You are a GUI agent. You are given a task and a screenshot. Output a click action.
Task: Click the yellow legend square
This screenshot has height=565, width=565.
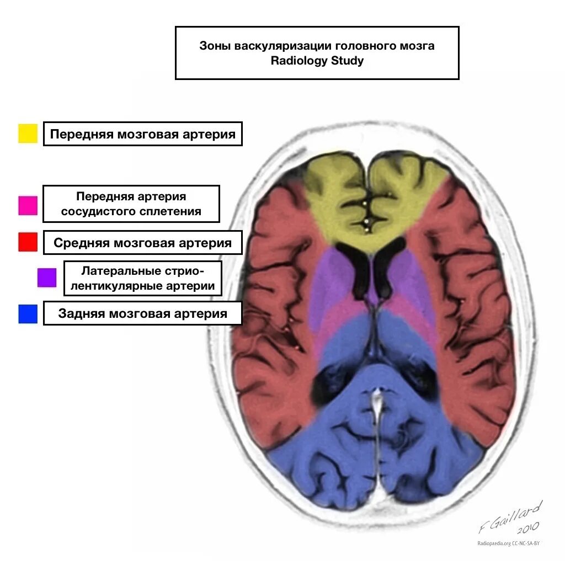pyautogui.click(x=28, y=134)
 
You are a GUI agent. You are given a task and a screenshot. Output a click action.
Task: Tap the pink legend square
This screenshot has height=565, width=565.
pyautogui.click(x=28, y=205)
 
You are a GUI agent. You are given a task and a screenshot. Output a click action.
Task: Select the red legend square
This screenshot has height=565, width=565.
pyautogui.click(x=28, y=242)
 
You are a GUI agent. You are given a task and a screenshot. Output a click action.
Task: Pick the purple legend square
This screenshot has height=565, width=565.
pyautogui.click(x=47, y=278)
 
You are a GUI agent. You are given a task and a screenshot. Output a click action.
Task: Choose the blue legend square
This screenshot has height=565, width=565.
pyautogui.click(x=28, y=313)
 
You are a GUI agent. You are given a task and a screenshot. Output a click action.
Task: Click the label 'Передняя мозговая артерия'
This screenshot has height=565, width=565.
pyautogui.click(x=143, y=134)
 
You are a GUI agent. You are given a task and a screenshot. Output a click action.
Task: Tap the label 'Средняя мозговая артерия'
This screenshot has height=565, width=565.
pyautogui.click(x=143, y=243)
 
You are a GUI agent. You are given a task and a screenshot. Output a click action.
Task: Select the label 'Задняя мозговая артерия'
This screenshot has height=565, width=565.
pyautogui.click(x=143, y=313)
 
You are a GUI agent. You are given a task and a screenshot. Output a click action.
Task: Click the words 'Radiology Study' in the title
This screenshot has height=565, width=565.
pyautogui.click(x=317, y=61)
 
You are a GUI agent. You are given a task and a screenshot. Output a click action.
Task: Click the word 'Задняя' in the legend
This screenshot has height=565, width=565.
pyautogui.click(x=82, y=313)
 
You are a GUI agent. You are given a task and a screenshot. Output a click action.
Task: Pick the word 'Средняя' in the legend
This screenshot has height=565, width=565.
pyautogui.click(x=81, y=243)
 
